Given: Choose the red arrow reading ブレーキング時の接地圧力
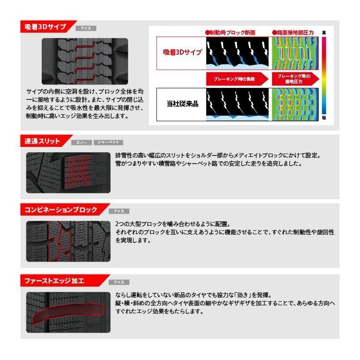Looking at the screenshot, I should tap(293, 78).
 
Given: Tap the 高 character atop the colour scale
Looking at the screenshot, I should tap(324, 32).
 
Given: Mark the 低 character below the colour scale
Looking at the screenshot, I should tap(324, 118).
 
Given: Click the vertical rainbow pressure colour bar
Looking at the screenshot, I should tap(324, 75).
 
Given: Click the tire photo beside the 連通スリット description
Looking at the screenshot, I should tap(68, 173).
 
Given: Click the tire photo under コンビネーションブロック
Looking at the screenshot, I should tap(68, 241).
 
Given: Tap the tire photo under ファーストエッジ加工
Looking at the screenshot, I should tap(68, 312).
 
